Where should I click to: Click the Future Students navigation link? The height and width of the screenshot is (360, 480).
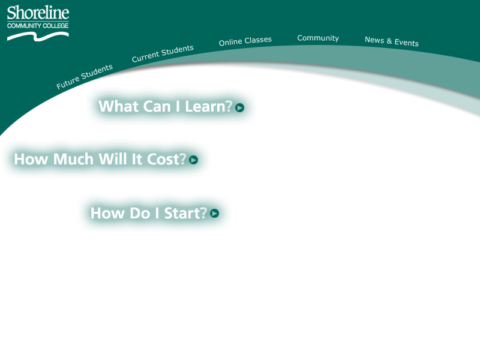tap(85, 77)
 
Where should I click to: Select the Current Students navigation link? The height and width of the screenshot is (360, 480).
tap(163, 53)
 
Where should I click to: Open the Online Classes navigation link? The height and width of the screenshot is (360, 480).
tap(245, 41)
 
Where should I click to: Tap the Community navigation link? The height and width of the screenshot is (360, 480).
tap(318, 38)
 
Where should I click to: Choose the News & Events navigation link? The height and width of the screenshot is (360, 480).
tap(392, 41)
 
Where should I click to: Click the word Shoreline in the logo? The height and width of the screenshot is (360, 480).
tap(38, 13)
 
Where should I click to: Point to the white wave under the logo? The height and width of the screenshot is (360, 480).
tap(38, 37)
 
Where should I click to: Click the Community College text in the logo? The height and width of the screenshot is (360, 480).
tap(38, 26)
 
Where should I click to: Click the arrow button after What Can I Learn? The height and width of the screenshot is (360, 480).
tap(239, 107)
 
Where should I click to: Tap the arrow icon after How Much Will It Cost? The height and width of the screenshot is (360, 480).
tap(193, 160)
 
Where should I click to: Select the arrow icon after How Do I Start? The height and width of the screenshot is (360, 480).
tap(214, 213)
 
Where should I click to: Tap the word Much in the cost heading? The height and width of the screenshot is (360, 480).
tap(73, 159)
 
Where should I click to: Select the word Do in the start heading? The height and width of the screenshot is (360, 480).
tap(140, 213)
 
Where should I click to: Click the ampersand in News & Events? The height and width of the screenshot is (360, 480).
tap(389, 41)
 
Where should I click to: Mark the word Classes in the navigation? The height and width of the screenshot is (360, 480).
tap(258, 40)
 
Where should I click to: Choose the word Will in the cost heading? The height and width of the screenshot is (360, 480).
tap(112, 159)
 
